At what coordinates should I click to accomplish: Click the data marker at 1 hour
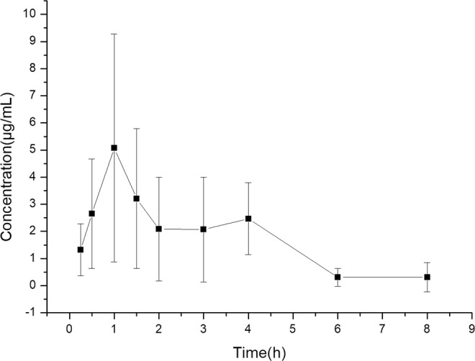(x=114, y=148)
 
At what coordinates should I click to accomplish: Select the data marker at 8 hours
(x=427, y=277)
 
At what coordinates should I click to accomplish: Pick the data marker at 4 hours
(x=248, y=219)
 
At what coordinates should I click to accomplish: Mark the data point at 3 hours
(x=204, y=229)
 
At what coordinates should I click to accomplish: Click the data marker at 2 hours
(x=159, y=229)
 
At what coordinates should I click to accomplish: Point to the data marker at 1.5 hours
(x=136, y=198)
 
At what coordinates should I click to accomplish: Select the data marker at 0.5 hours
(x=91, y=214)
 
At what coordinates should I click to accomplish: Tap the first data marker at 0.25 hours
(x=81, y=250)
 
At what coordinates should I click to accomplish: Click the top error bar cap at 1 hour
(x=114, y=34)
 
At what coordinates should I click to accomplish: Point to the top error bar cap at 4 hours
(x=248, y=183)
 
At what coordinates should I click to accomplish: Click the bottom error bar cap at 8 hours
(x=427, y=291)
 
